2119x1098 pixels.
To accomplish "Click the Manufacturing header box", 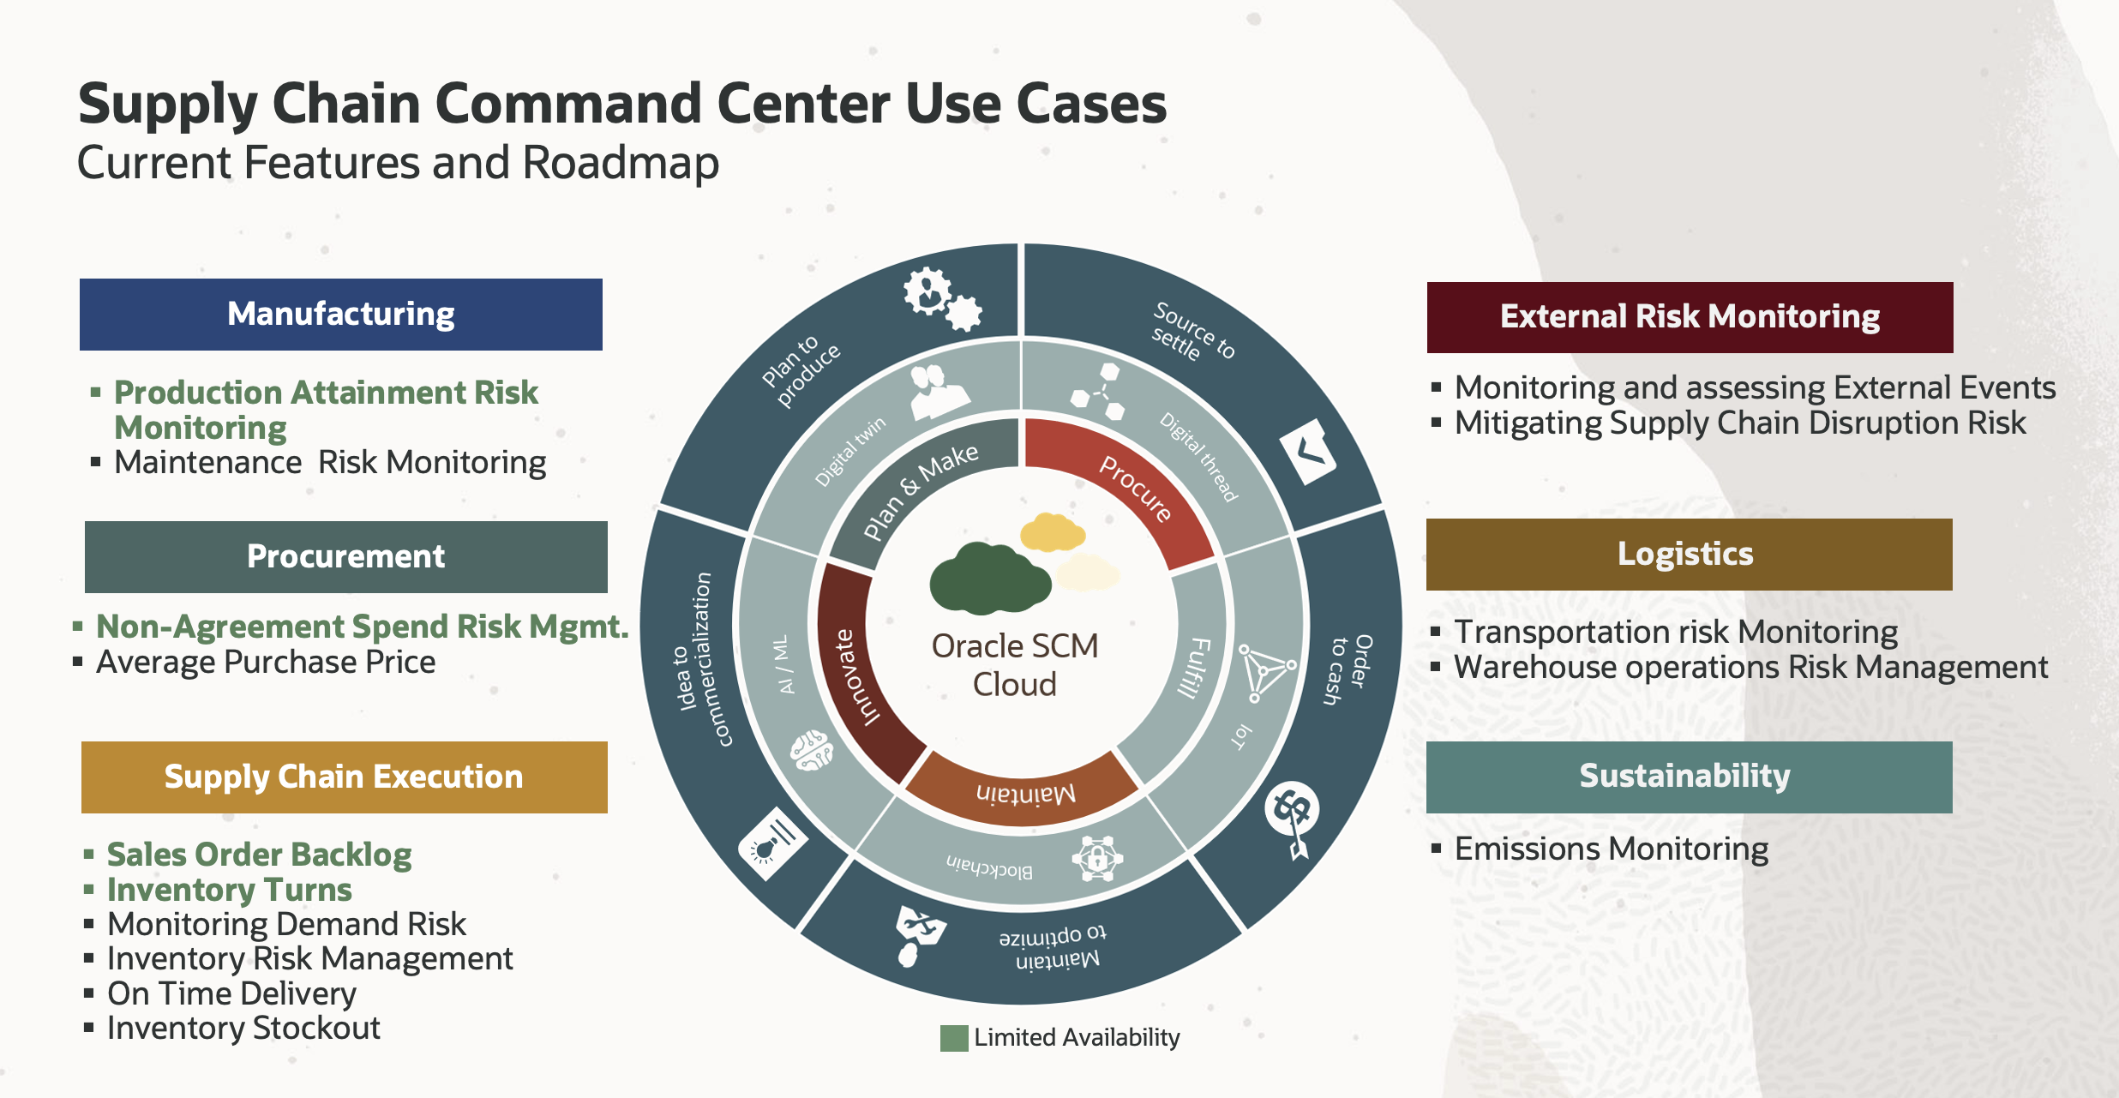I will [x=340, y=315].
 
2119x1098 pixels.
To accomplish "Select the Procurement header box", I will [x=345, y=557].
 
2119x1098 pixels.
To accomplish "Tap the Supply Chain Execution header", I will [x=344, y=777].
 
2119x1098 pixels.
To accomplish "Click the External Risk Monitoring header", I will [x=1690, y=317].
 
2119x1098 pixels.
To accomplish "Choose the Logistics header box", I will [x=1689, y=555].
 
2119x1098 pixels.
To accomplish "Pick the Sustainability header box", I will [x=1689, y=777].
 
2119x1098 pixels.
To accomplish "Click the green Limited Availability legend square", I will [x=953, y=1038].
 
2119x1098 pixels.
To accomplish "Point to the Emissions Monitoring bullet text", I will [x=1612, y=849].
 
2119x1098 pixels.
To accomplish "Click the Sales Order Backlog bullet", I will [x=259, y=855].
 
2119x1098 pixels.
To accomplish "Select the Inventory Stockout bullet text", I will [x=243, y=1028].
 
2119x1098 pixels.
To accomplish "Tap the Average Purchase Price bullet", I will [x=266, y=663].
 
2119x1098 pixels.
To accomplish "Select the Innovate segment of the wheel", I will [x=853, y=677].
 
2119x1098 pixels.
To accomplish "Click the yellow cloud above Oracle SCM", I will [x=1053, y=532].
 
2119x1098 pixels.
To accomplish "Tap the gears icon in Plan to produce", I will [x=941, y=298].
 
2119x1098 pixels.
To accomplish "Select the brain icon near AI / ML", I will [x=811, y=751].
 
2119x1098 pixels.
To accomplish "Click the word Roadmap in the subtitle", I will [x=621, y=163].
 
